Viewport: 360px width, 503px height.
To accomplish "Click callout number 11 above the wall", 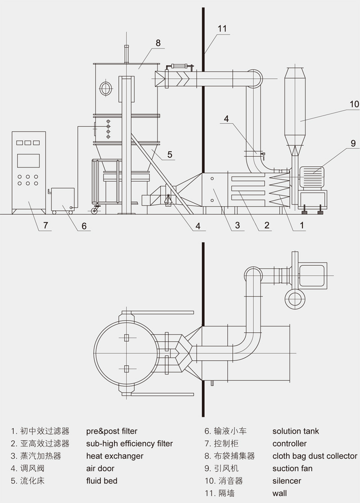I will pyautogui.click(x=222, y=28).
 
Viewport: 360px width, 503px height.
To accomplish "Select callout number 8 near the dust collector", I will pyautogui.click(x=158, y=43).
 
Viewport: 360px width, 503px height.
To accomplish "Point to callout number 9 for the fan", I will pyautogui.click(x=353, y=143).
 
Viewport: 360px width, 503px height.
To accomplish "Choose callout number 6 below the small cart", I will pyautogui.click(x=84, y=226).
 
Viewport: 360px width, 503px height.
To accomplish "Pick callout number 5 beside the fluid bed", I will pyautogui.click(x=170, y=154).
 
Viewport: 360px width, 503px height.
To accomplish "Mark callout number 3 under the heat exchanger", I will pyautogui.click(x=237, y=225).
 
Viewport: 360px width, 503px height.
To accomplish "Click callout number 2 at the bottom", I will pyautogui.click(x=267, y=225).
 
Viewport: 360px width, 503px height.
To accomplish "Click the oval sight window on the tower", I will pyautogui.click(x=106, y=88).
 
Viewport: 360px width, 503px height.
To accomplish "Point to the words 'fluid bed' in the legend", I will pyautogui.click(x=102, y=481).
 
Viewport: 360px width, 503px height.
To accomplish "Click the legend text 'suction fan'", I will pyautogui.click(x=292, y=468).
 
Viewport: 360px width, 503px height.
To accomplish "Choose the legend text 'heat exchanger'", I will pyautogui.click(x=115, y=456).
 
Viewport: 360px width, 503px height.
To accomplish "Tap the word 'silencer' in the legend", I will pyautogui.click(x=287, y=481).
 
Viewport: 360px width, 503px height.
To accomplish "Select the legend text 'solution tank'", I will pyautogui.click(x=296, y=431).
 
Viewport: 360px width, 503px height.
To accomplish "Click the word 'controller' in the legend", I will pyautogui.click(x=289, y=444).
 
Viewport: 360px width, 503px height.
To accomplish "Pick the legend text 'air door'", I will pyautogui.click(x=100, y=468).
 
